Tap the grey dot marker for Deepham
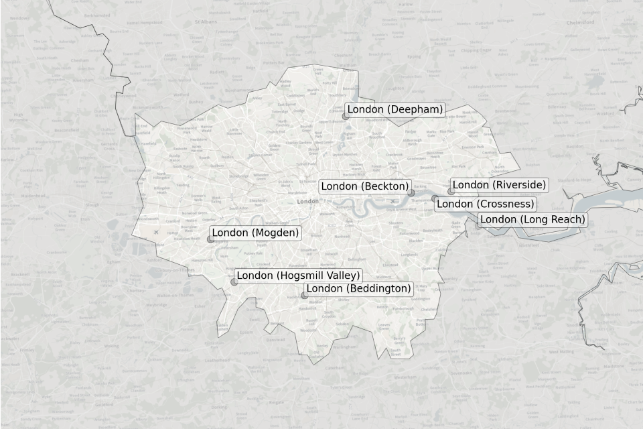[346, 116]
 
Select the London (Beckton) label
[364, 186]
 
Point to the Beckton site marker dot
[411, 192]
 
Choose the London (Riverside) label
[499, 185]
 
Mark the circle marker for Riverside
[451, 191]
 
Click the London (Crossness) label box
[486, 204]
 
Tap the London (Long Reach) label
[532, 220]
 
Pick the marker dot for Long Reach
[478, 226]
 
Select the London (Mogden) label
[255, 233]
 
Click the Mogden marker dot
[210, 239]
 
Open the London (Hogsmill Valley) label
[298, 275]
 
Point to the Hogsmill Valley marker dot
[234, 282]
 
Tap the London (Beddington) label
[358, 289]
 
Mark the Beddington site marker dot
[304, 295]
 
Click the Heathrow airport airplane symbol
[156, 233]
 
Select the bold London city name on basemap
[308, 201]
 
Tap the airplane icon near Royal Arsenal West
[392, 201]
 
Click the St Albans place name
[203, 21]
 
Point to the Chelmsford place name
[580, 22]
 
